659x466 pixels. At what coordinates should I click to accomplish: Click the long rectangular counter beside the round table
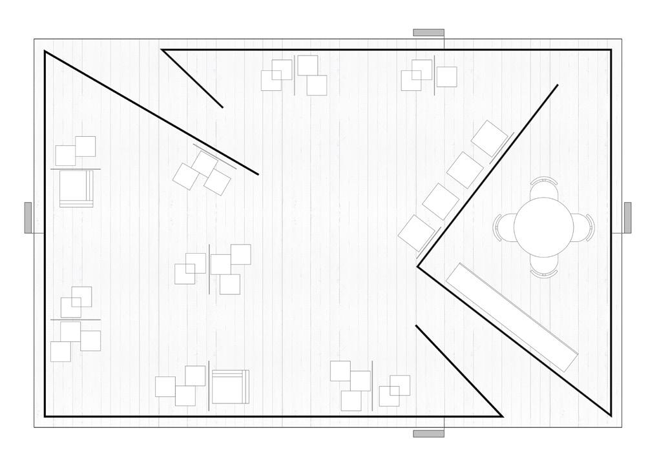click(x=512, y=316)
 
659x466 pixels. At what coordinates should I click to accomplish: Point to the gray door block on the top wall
click(x=428, y=32)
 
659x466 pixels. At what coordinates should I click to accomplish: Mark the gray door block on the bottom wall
click(x=428, y=434)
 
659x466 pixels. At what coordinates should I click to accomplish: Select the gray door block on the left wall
click(x=28, y=218)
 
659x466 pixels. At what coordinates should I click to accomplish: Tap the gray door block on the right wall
click(x=627, y=218)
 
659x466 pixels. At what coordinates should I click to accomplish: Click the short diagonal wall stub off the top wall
click(x=193, y=79)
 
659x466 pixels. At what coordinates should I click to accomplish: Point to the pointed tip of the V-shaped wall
click(x=419, y=265)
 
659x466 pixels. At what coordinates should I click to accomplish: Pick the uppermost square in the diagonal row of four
click(x=490, y=138)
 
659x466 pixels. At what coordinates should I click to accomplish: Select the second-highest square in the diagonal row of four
click(x=465, y=169)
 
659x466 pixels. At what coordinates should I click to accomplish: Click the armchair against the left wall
click(x=76, y=188)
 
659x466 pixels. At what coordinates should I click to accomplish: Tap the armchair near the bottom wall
click(x=230, y=387)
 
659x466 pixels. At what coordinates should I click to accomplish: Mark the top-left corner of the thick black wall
click(x=45, y=52)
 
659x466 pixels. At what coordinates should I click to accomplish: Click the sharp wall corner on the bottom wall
click(x=501, y=416)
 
